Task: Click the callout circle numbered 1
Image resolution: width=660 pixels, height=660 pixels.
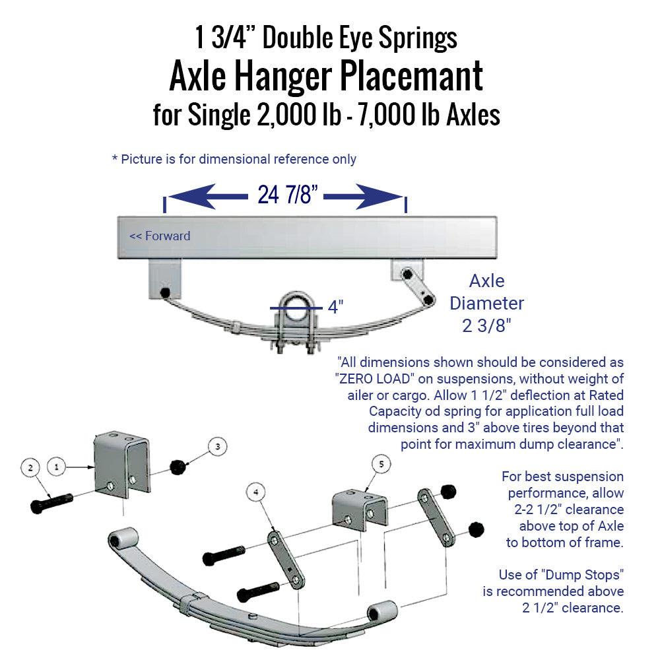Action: (57, 466)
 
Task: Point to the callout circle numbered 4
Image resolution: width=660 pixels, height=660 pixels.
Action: (256, 491)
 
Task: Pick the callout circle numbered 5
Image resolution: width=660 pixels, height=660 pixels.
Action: (380, 464)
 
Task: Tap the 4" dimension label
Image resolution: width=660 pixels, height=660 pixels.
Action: (336, 307)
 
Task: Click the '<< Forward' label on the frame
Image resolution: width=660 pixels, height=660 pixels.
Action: (160, 236)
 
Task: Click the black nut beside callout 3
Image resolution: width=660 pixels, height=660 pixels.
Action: (177, 467)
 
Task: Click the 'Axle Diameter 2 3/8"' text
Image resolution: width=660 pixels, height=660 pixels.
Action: (486, 304)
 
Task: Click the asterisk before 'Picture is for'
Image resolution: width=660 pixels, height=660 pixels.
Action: (115, 159)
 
